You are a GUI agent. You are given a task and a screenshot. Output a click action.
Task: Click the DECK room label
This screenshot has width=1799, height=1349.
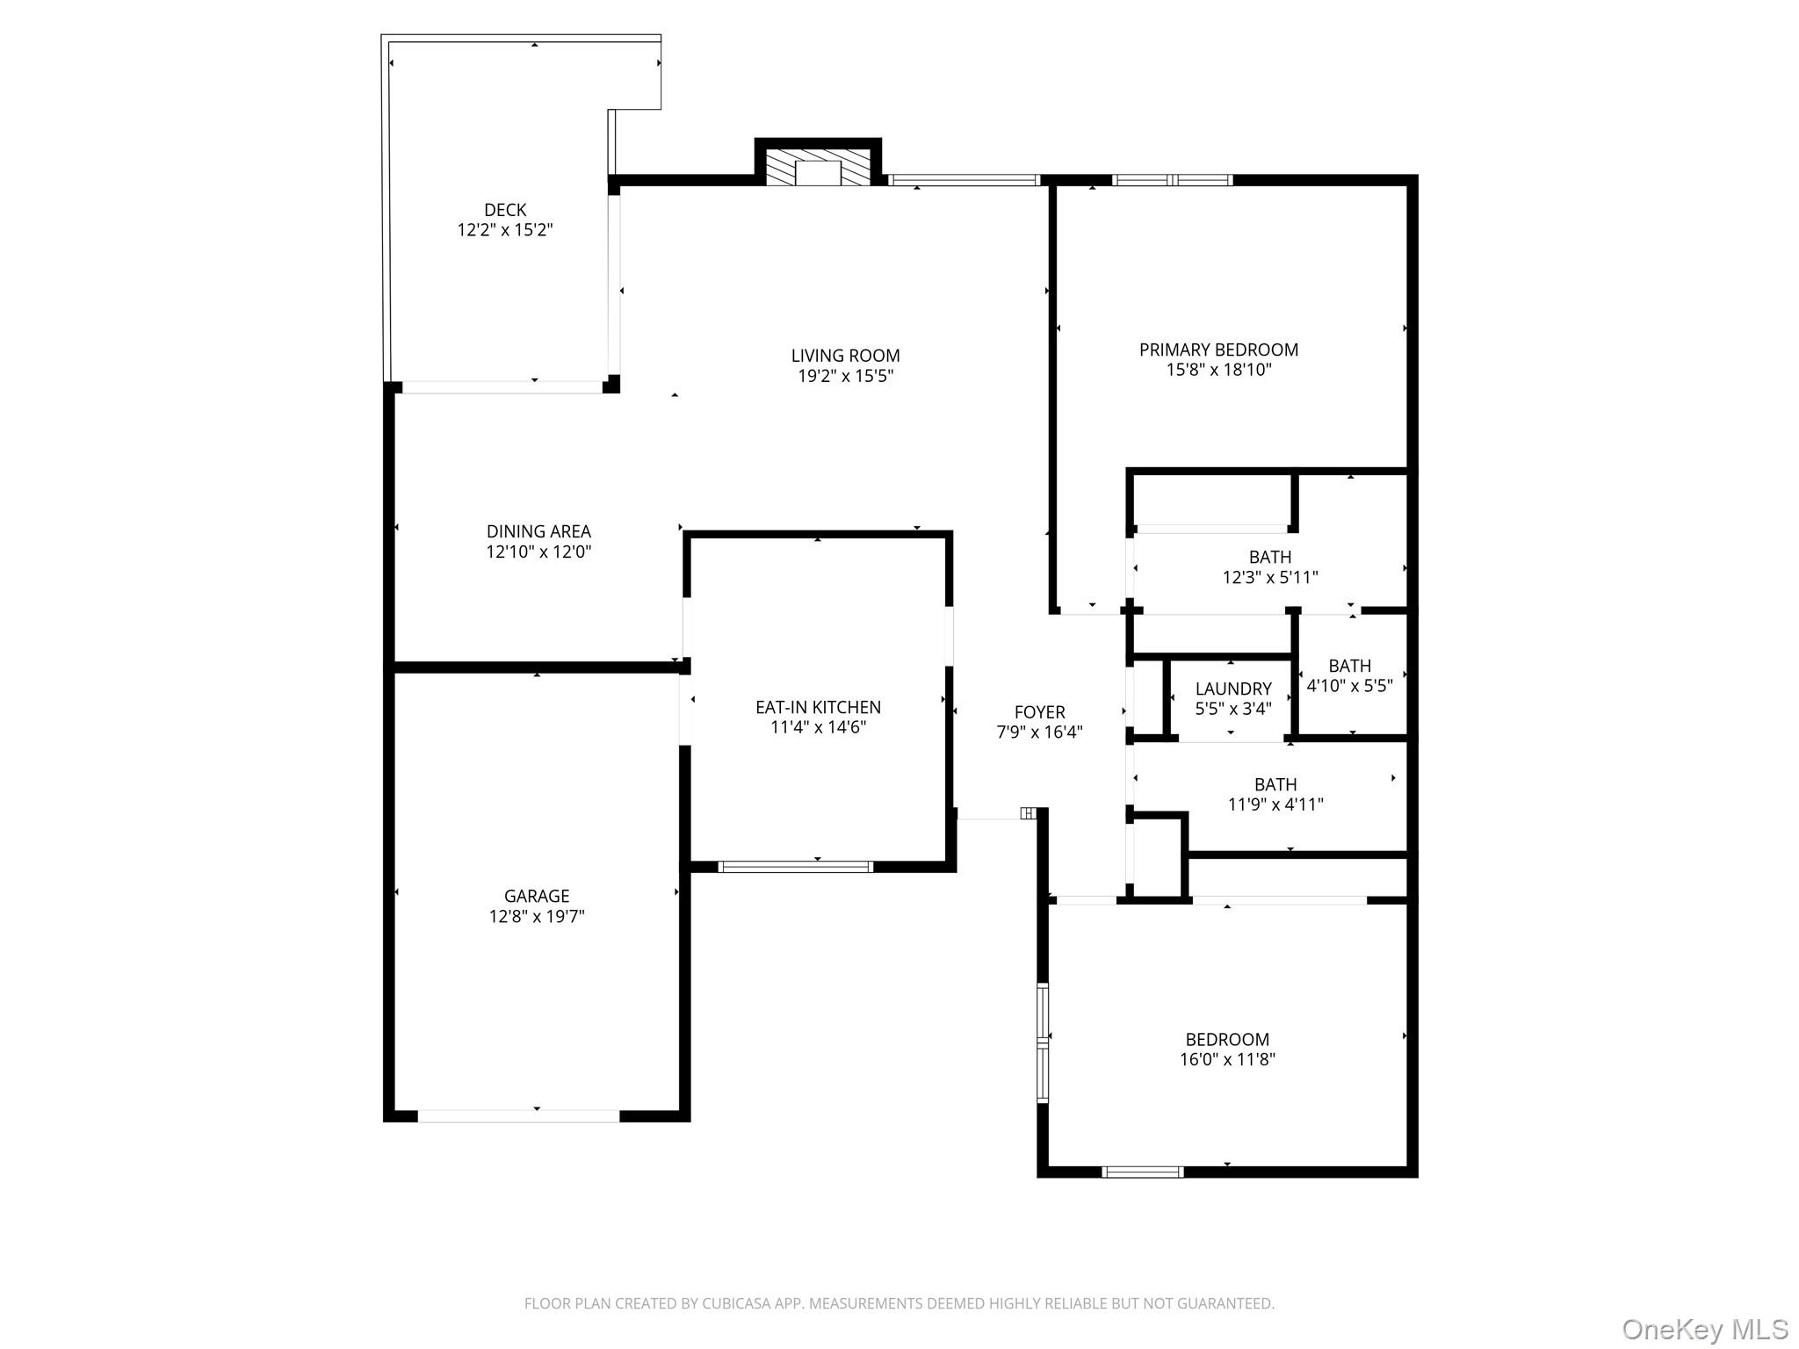[505, 210]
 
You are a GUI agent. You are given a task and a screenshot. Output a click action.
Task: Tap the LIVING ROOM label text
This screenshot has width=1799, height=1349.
[845, 356]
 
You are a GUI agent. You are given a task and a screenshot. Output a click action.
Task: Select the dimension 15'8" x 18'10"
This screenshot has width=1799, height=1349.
[1218, 370]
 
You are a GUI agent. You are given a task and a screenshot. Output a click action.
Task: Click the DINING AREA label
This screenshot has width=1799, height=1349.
[538, 531]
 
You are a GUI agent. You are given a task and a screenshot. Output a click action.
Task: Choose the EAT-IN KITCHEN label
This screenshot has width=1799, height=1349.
[818, 707]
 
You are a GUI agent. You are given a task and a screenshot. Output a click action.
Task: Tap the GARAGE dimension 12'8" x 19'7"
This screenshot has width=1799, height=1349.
[537, 916]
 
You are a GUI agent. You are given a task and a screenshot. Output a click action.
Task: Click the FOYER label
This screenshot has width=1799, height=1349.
[1039, 712]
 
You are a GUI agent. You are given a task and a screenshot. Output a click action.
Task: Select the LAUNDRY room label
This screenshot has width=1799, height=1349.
[1233, 689]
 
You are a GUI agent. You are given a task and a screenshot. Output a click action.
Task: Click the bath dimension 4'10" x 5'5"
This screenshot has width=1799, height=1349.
[1349, 686]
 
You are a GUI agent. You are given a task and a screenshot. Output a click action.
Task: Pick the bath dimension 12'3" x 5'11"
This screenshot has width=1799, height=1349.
[1270, 577]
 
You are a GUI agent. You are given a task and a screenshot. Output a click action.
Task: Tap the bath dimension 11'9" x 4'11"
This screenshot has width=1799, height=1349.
[1275, 804]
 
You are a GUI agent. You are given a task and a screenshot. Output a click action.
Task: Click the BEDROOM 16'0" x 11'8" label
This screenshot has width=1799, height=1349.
[1227, 1050]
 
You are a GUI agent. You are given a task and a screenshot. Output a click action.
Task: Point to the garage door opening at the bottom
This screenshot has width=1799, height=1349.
[518, 1115]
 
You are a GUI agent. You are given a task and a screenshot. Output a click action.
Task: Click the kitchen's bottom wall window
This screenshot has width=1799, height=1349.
[796, 866]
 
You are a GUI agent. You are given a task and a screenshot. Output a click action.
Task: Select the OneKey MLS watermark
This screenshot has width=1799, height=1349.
[1704, 1329]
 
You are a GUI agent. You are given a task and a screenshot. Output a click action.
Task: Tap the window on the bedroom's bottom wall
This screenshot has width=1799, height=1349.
[1142, 1171]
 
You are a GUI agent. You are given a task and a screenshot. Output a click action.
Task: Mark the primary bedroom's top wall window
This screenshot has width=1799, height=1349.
[1172, 180]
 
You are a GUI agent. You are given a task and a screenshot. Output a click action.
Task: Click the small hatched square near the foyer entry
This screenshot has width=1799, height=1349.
[1028, 813]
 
